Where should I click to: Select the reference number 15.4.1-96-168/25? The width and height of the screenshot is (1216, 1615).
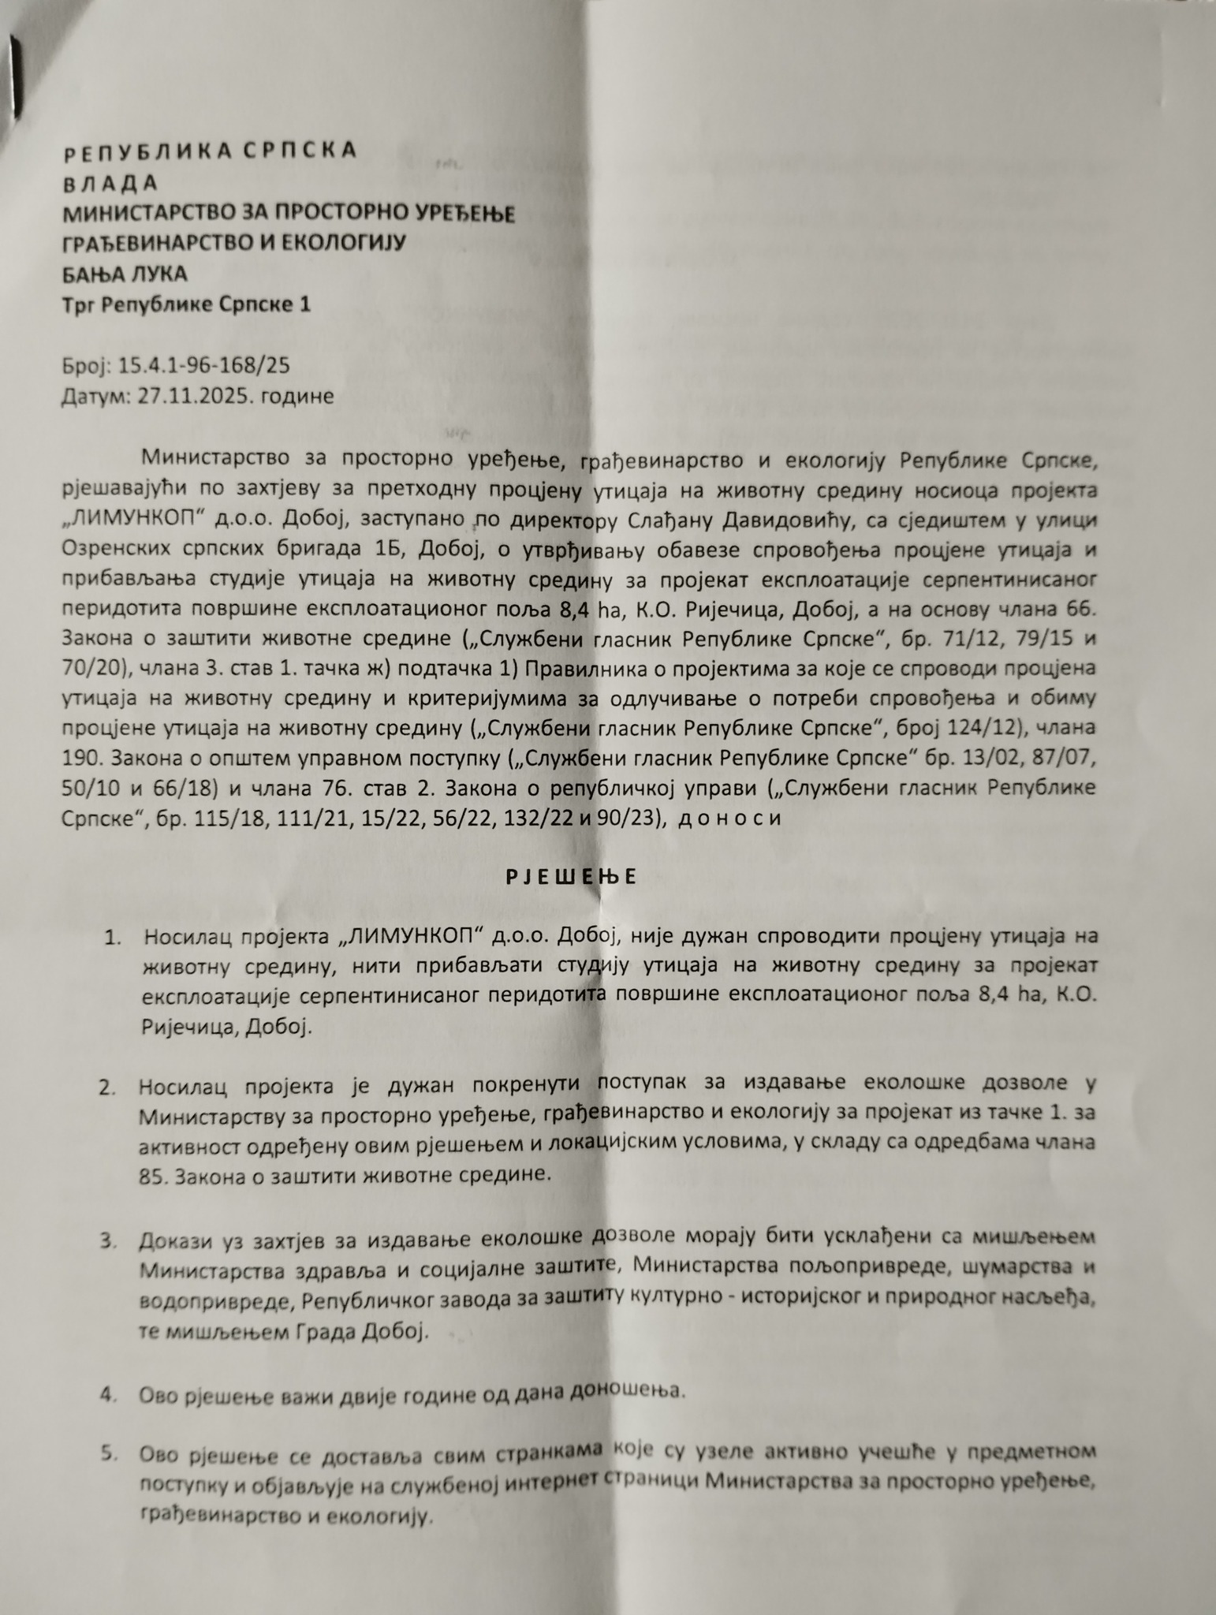point(203,365)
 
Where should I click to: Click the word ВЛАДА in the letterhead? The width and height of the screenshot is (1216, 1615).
point(110,182)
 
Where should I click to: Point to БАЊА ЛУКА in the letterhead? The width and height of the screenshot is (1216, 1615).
point(125,274)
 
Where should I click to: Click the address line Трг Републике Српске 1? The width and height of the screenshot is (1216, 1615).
point(186,304)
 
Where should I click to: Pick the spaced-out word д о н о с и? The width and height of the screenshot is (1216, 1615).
point(729,818)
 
